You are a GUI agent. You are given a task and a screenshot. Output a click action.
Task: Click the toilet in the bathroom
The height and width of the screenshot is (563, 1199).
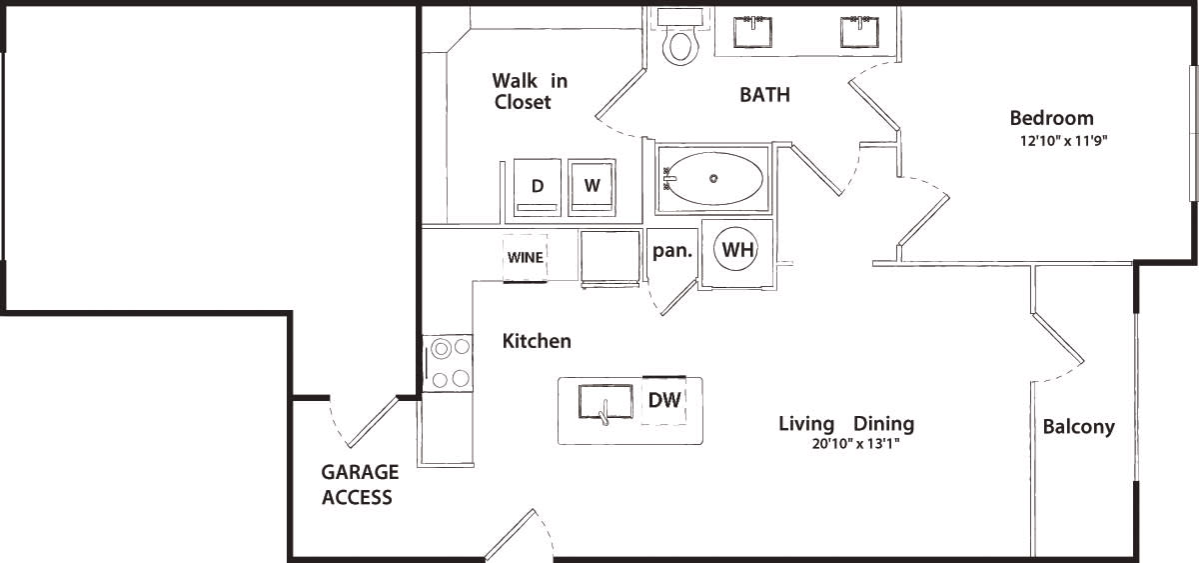point(681,39)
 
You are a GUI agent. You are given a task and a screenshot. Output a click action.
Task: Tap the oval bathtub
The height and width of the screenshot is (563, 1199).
point(713,179)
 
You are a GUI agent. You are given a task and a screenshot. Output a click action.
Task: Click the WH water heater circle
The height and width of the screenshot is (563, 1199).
point(737,251)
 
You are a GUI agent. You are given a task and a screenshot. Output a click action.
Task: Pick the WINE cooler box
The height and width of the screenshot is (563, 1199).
point(526,258)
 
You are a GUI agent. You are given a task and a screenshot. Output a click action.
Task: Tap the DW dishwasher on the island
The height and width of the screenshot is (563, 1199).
point(664,401)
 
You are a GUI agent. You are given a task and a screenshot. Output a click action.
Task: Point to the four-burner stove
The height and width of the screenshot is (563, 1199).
point(449,363)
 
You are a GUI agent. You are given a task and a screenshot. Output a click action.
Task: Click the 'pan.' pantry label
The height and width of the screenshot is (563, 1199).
point(672,251)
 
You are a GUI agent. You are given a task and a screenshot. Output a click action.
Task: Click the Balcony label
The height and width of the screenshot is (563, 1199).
point(1078,427)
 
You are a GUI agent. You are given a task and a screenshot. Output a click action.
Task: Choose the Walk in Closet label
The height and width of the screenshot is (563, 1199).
point(529,91)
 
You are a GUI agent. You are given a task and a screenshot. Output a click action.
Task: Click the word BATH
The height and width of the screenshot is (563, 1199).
point(764,95)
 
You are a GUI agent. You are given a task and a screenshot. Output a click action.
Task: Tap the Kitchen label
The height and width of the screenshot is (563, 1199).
point(537,341)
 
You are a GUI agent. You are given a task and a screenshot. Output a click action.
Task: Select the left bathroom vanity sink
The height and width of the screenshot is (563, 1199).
point(750,32)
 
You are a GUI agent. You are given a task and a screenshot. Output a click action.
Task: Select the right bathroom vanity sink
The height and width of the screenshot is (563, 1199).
point(858,32)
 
